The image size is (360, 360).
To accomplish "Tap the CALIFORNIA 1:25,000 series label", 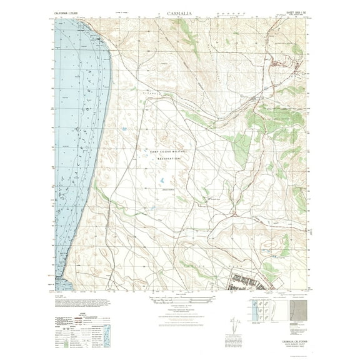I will click(x=70, y=12).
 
